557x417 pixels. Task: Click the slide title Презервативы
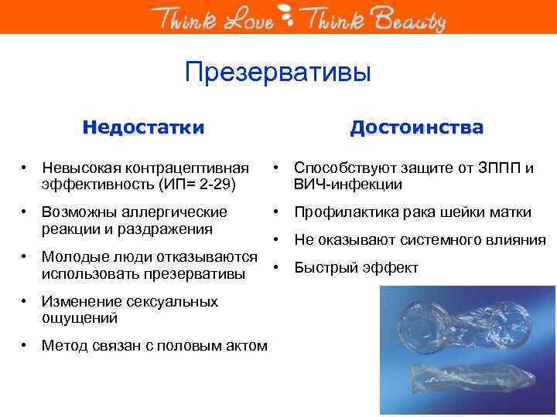point(278,73)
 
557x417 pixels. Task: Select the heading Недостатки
point(144,127)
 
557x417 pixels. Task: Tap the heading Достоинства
point(416,127)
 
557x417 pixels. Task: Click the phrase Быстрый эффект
point(356,268)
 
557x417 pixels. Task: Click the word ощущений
point(80,317)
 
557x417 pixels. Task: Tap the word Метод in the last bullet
point(65,346)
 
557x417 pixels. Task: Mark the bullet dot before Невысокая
point(26,168)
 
